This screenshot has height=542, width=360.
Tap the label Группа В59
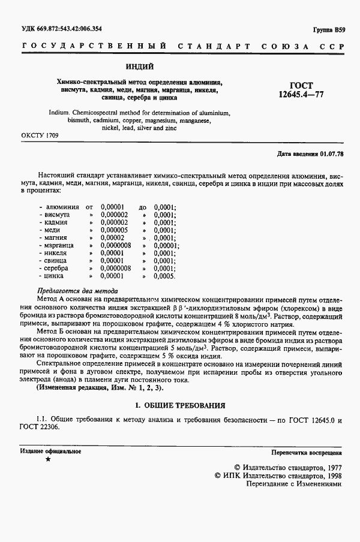(x=329, y=29)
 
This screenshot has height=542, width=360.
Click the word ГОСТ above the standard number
(x=301, y=86)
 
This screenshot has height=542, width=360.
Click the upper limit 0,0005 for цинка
(x=164, y=276)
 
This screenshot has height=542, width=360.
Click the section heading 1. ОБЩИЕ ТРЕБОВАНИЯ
(x=179, y=405)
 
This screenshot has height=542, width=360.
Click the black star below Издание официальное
(x=47, y=460)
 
